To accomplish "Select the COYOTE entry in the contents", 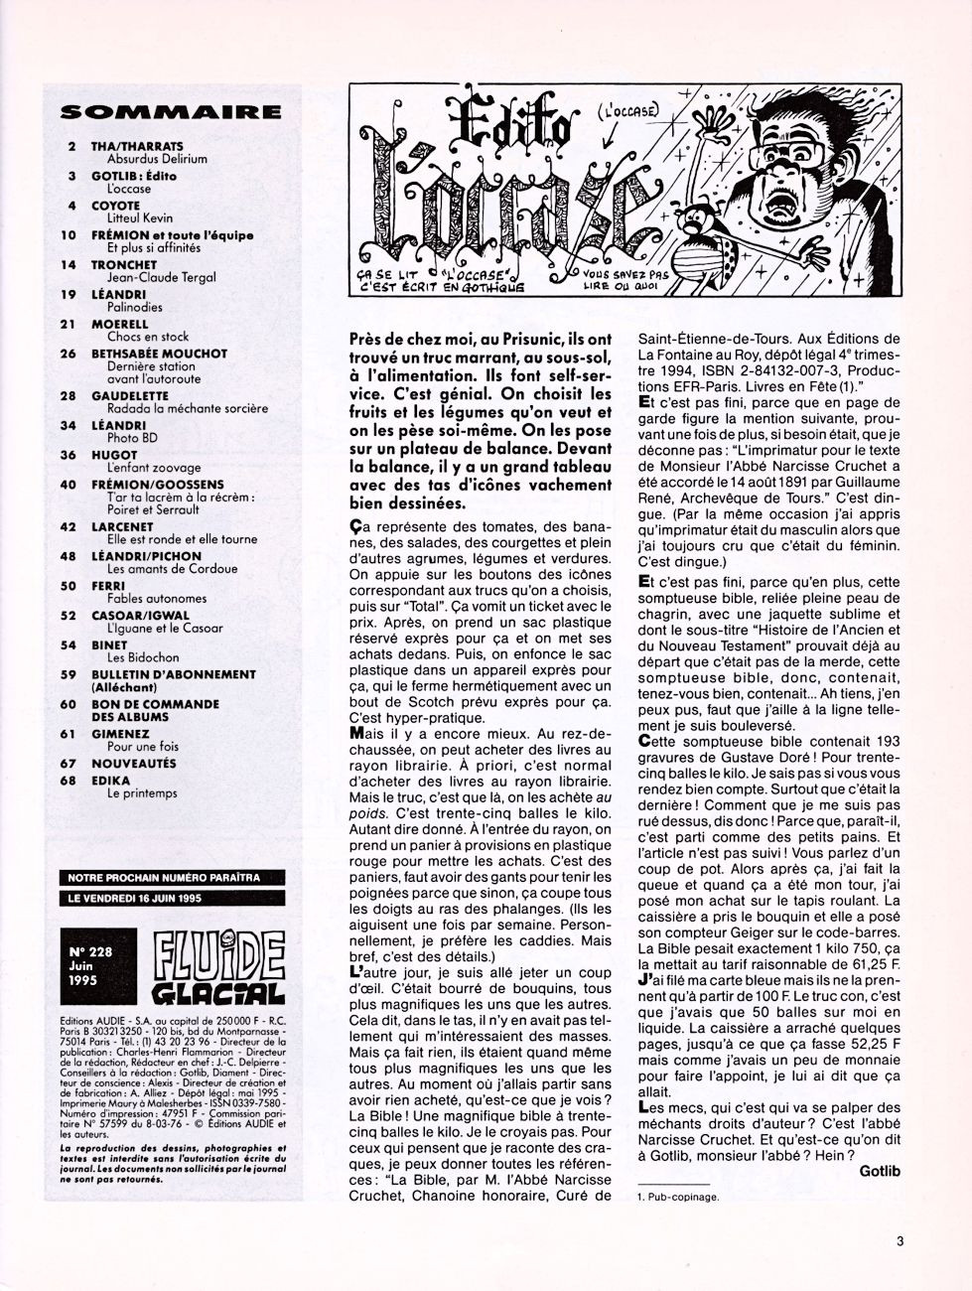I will coord(115,206).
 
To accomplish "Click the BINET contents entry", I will coord(110,645).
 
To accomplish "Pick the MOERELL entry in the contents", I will coord(121,324).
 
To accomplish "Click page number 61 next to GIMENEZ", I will coord(69,733).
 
